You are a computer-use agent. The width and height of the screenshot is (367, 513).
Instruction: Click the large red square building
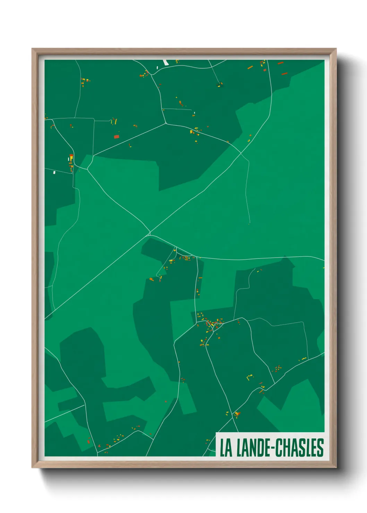[117, 137]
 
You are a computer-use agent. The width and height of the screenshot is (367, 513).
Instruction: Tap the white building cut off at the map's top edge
[165, 62]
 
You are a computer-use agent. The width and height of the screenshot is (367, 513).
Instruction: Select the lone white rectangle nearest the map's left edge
[54, 172]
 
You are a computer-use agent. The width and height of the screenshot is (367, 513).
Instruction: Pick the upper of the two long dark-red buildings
[280, 63]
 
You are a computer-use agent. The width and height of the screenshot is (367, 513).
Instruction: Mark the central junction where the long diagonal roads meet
[150, 233]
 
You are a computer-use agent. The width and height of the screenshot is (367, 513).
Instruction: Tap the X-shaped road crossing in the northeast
[241, 153]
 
